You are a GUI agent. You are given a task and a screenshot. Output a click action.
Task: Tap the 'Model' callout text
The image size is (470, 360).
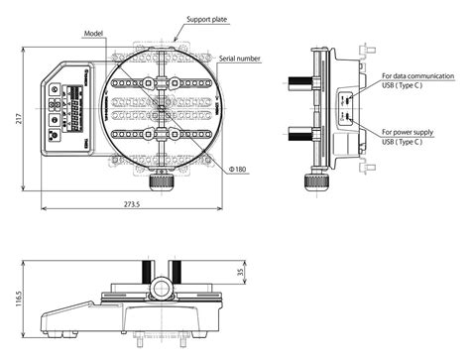(x=95, y=33)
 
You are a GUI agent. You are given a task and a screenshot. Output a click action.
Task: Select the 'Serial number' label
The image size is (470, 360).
(x=240, y=59)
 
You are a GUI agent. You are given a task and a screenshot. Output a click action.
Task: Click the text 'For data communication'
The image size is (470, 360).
(x=421, y=74)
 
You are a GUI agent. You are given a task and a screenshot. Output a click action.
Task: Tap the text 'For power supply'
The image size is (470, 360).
(x=412, y=132)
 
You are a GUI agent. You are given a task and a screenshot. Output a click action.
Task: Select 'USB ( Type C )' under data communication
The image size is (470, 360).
(x=403, y=85)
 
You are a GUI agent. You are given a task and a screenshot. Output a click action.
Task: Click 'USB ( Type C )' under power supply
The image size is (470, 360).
(x=403, y=143)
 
